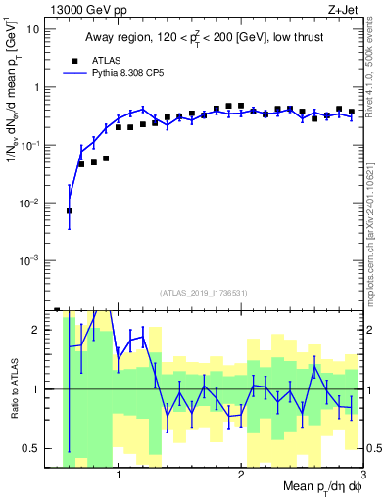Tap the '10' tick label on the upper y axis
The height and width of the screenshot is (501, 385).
[32, 29]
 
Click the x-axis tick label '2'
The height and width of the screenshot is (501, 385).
[241, 477]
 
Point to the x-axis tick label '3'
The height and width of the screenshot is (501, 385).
[362, 477]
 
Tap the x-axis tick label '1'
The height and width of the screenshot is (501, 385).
[119, 477]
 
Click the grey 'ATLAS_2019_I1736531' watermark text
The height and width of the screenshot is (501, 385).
[204, 294]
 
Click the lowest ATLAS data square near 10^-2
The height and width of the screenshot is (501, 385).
[70, 210]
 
